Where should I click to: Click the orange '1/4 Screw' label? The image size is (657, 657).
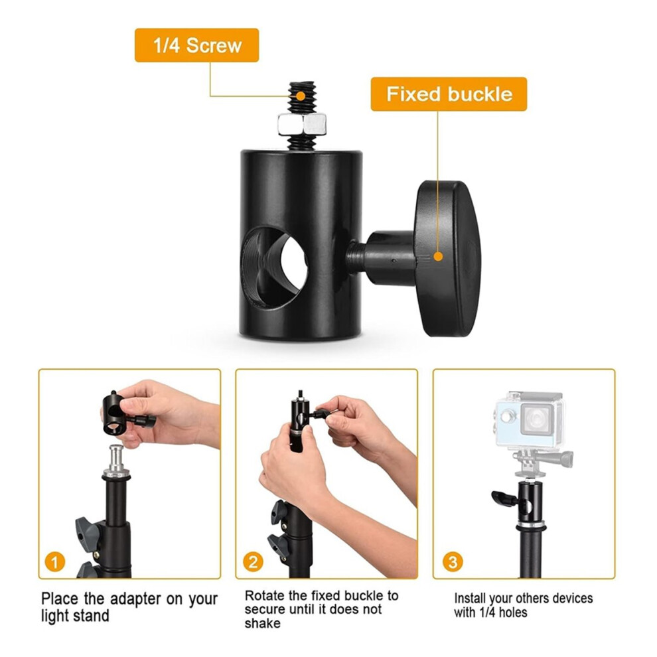tap(196, 45)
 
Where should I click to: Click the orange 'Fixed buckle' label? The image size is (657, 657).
tap(449, 94)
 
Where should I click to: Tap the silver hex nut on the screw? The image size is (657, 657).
tap(302, 123)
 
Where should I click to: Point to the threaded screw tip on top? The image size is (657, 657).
tap(302, 96)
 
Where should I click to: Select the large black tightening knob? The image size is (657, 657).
tap(447, 258)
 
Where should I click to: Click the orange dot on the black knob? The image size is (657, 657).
tap(438, 256)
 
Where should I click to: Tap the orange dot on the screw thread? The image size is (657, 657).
tap(301, 96)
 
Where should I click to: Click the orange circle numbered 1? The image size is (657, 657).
tap(55, 561)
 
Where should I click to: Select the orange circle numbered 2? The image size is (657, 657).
tap(253, 561)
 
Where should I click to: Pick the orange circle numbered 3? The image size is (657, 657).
tap(453, 561)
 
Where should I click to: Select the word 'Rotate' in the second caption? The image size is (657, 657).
tap(265, 595)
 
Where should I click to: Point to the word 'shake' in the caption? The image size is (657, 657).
tap(262, 623)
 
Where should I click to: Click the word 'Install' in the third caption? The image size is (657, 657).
tap(470, 598)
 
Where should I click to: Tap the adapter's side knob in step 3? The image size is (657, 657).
tap(505, 498)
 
